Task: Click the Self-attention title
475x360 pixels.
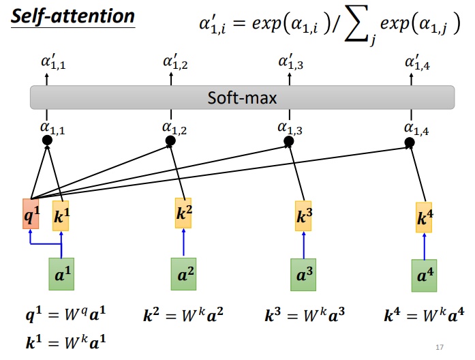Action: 73,16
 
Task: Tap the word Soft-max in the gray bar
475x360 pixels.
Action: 242,98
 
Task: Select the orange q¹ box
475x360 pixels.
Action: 31,214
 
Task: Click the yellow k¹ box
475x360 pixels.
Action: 61,215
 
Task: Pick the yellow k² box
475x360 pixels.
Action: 183,213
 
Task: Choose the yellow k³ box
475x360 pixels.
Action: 303,215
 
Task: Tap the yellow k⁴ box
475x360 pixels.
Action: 424,217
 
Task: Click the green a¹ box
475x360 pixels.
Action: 61,274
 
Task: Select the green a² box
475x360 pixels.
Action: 183,274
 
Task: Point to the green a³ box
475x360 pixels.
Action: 303,275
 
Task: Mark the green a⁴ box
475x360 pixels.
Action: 424,275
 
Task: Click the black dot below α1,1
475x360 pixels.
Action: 47,140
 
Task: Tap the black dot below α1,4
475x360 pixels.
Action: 410,142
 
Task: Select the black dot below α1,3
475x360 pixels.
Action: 289,141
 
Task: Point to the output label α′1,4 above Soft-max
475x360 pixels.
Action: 418,63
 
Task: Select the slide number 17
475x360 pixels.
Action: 440,347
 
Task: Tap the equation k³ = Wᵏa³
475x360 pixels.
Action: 305,315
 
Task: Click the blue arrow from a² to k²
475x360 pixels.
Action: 183,242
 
